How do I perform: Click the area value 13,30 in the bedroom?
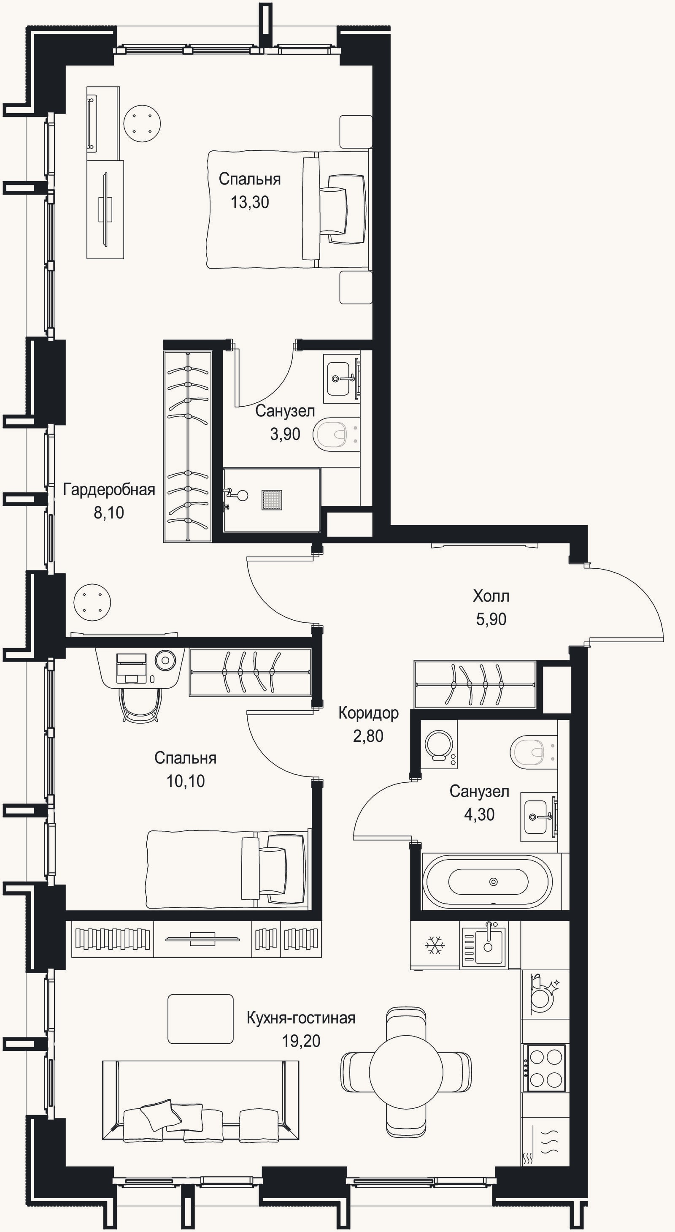coord(250,202)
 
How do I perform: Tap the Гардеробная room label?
coord(109,490)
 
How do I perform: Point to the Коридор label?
coord(368,713)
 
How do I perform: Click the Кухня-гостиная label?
coord(301,1018)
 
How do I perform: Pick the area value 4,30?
coord(479,814)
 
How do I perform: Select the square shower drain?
coord(272,500)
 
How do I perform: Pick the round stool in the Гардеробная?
coord(92,602)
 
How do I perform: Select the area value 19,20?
coord(301,1041)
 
